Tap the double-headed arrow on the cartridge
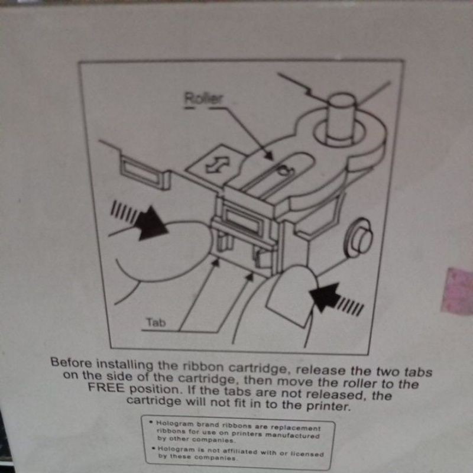pyautogui.click(x=211, y=166)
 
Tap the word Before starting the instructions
pyautogui.click(x=72, y=362)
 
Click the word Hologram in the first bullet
pyautogui.click(x=174, y=424)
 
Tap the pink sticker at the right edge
pyautogui.click(x=458, y=290)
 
